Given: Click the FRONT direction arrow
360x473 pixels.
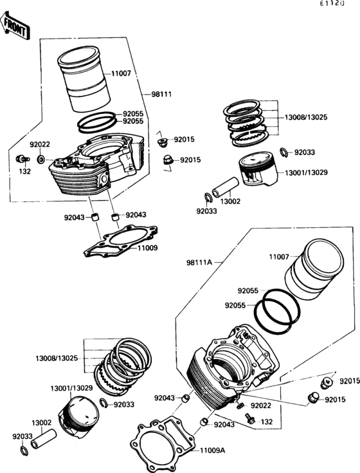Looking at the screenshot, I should coord(15,26).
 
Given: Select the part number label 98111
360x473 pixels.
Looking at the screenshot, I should coord(161,94).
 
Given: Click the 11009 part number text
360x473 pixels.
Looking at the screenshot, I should coord(146,247).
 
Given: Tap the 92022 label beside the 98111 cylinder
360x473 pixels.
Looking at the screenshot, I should coord(39,144).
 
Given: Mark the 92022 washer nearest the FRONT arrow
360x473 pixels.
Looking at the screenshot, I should coord(41,158).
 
